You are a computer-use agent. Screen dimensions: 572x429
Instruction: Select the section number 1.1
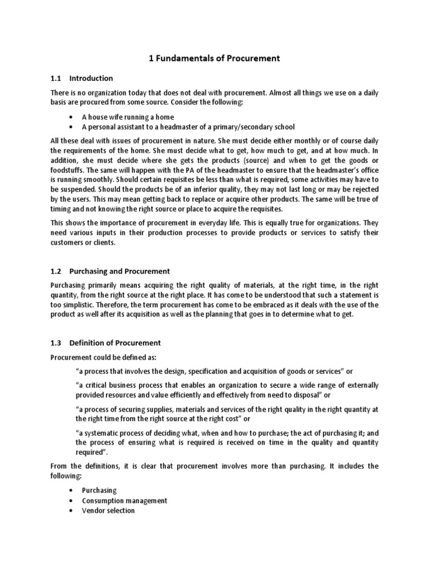[56, 78]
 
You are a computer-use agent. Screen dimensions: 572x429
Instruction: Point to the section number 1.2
[56, 271]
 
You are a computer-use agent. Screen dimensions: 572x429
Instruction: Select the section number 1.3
[56, 342]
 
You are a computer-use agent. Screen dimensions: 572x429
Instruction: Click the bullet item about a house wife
[128, 117]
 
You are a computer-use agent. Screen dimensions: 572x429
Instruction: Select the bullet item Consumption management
[124, 500]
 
